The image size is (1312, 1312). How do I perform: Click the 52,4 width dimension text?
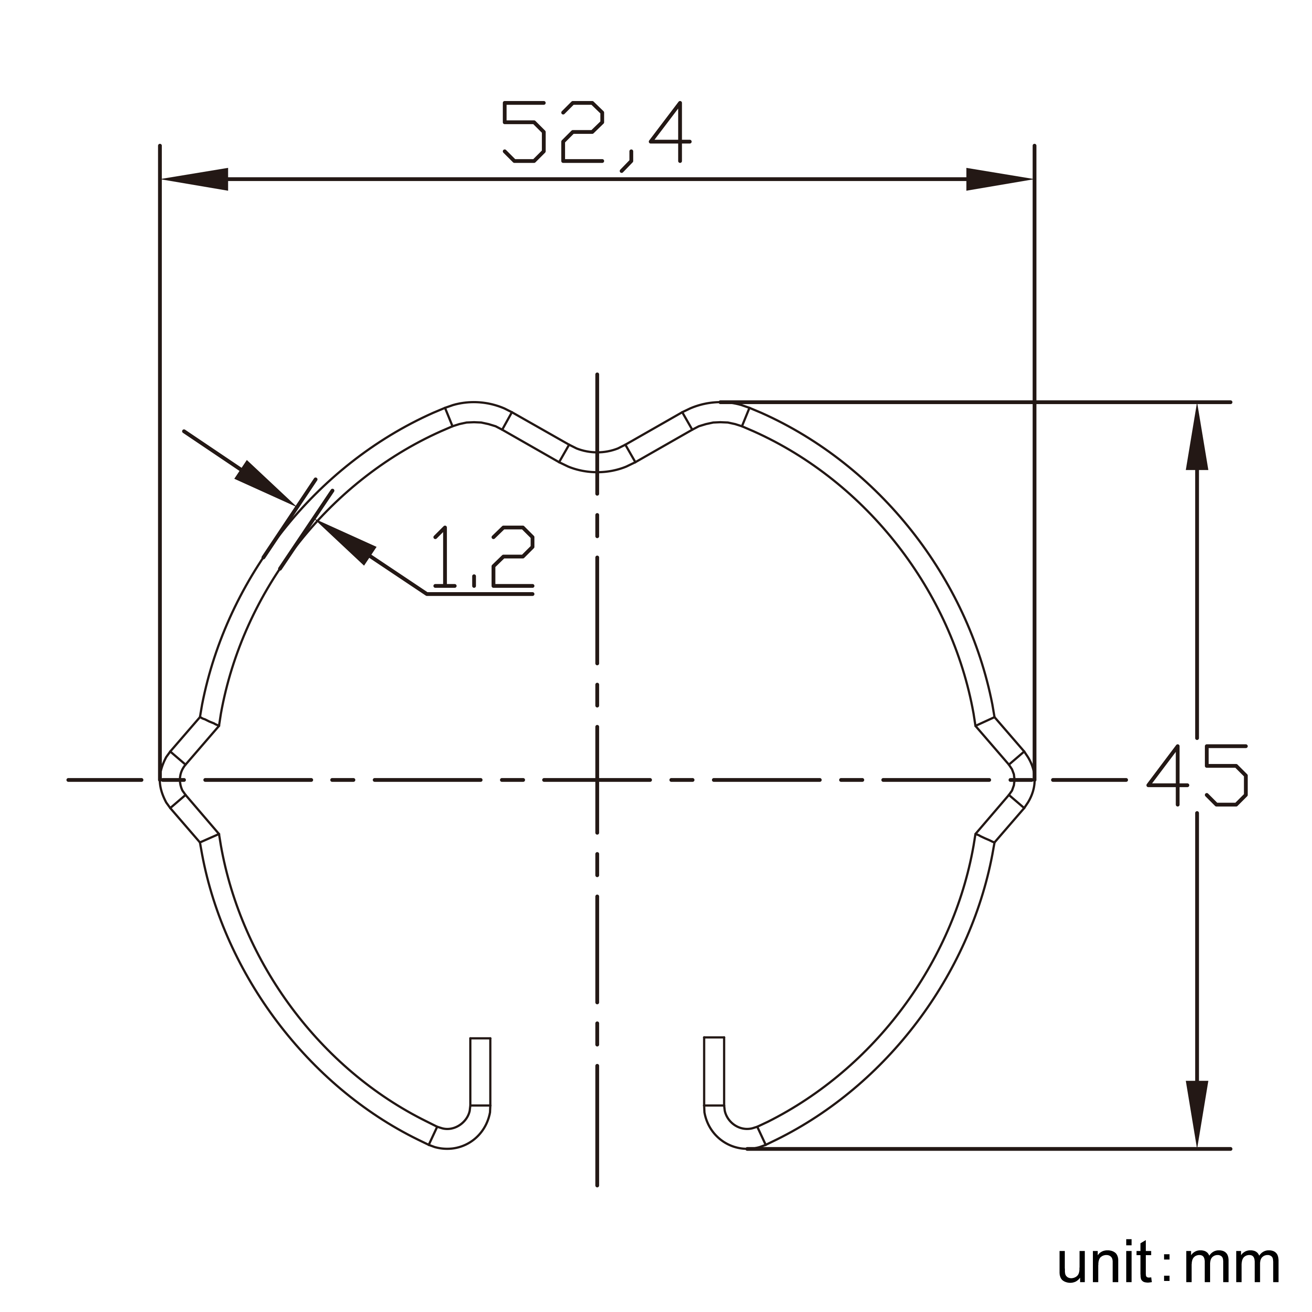[596, 133]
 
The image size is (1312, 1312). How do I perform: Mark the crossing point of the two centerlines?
[596, 780]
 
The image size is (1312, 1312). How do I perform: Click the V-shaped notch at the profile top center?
[596, 461]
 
